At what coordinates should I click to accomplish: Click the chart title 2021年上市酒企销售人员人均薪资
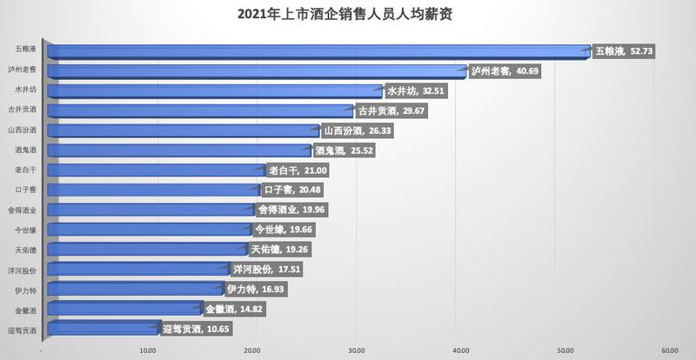[x=348, y=15]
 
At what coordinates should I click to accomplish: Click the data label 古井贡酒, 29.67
[x=392, y=110]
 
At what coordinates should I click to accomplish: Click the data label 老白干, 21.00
[x=298, y=170]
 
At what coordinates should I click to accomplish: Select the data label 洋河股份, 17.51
[x=266, y=270]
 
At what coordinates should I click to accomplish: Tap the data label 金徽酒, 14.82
[x=238, y=309]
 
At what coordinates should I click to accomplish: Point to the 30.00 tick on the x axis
[x=356, y=350]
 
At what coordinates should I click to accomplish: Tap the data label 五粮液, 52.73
[x=623, y=51]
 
